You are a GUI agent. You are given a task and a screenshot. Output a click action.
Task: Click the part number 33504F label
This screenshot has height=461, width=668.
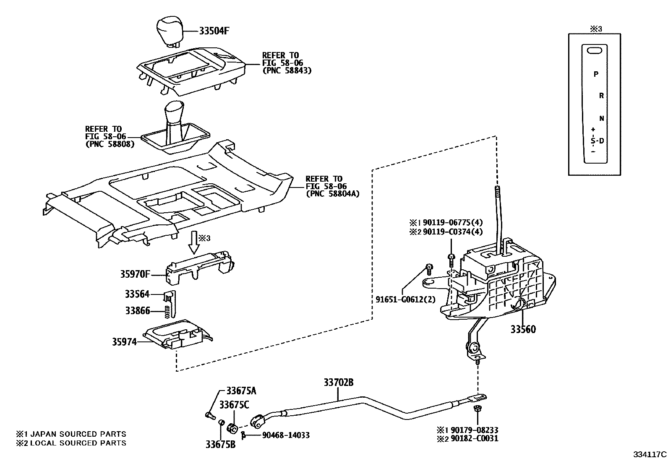214,31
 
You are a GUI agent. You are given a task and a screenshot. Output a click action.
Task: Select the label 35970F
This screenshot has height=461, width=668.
135,275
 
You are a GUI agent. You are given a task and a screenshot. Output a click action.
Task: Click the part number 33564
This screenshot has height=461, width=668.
137,294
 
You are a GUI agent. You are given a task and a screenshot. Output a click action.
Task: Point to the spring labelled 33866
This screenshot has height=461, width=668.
167,311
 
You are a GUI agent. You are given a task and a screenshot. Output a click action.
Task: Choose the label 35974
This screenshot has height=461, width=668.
124,342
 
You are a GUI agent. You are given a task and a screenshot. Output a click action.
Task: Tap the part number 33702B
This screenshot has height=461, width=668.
339,383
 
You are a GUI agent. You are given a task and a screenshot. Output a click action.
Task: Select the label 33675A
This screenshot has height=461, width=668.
241,391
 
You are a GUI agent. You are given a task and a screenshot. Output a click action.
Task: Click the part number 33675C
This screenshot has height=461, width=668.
234,405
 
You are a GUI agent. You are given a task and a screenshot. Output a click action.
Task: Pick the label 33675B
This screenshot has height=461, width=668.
221,444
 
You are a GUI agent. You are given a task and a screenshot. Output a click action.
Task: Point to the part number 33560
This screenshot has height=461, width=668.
523,330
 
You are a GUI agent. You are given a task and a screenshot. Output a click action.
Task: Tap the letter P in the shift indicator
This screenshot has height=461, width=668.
596,75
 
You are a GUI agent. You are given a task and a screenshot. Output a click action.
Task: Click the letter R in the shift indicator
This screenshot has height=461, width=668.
601,96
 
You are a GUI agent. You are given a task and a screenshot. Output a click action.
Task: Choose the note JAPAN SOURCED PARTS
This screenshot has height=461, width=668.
77,434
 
